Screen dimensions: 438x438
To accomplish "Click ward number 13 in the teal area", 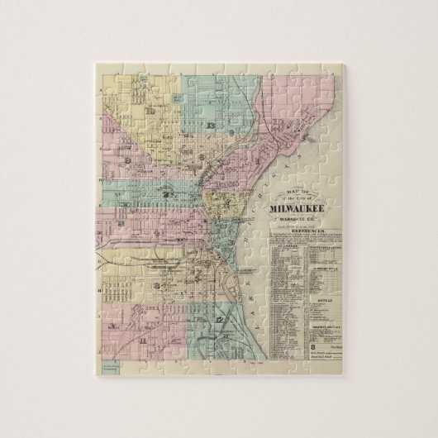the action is point(212,124).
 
